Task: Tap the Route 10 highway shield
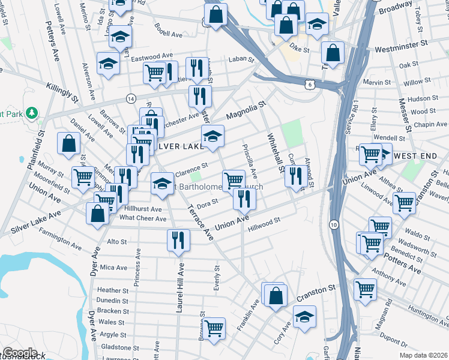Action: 333,224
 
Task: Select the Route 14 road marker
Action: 130,98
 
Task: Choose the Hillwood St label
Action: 265,221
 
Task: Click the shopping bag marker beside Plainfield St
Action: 68,143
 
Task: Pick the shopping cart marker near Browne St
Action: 213,328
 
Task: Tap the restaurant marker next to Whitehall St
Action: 294,176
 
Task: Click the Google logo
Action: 20,353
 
